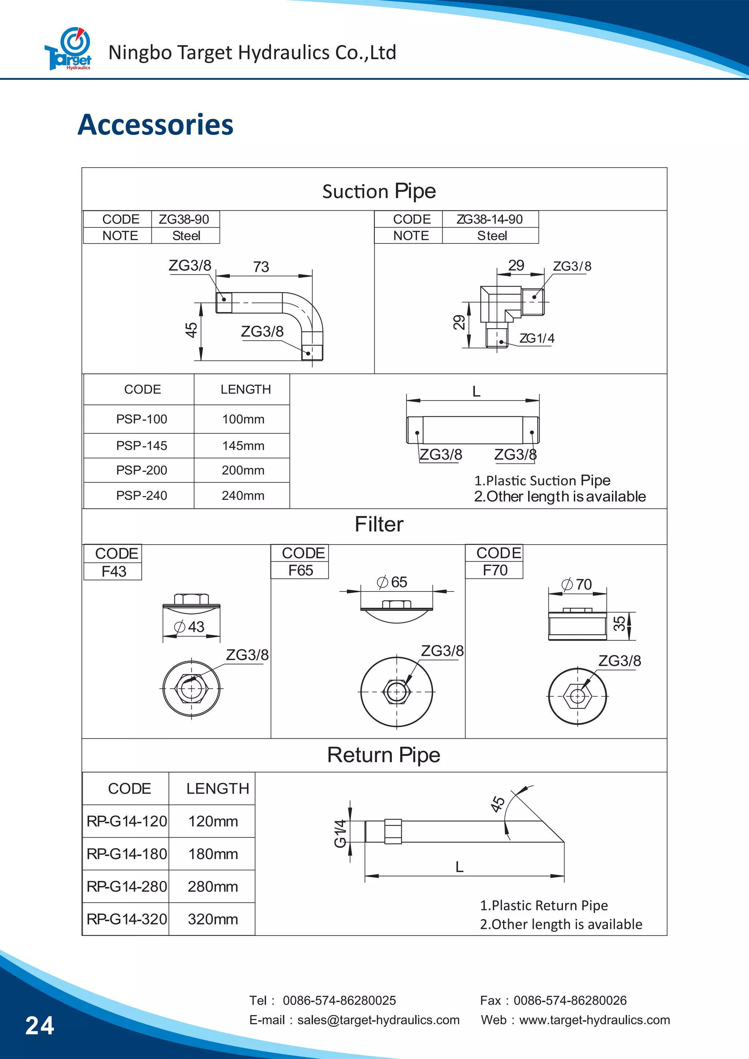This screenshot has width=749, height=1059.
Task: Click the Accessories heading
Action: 155,125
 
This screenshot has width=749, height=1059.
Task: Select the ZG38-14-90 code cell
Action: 490,219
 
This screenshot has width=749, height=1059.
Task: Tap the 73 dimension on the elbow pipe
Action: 261,266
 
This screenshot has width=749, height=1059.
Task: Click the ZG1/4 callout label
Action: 537,338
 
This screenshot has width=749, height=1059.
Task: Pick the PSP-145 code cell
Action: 141,446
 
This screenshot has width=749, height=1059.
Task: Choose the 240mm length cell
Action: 243,495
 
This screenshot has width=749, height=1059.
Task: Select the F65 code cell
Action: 300,571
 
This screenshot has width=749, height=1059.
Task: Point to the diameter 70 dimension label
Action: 577,585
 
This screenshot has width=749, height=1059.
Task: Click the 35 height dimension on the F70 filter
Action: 619,624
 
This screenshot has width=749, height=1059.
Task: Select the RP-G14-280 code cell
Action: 127,886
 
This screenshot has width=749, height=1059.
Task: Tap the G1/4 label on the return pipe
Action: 340,834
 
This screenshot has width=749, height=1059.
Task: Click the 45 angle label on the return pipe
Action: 497,804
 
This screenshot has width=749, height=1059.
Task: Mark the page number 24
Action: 40,1026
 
